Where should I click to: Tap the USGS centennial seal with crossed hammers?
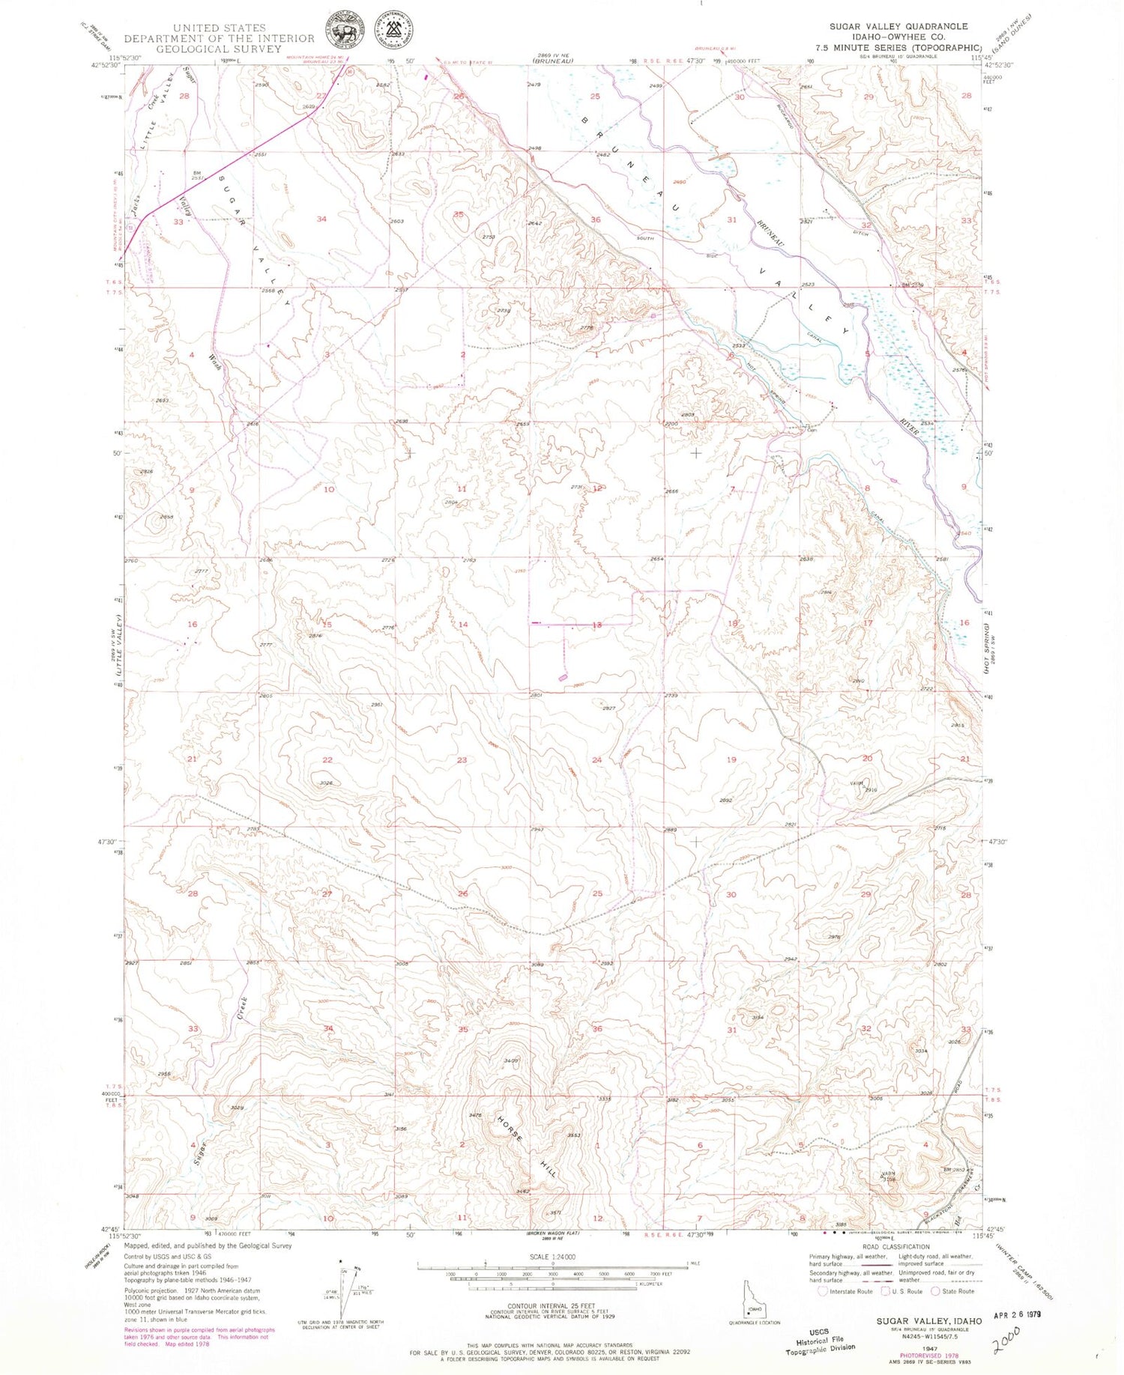point(398,31)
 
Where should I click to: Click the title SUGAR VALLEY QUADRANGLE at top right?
point(898,26)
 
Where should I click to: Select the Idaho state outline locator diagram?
point(752,1302)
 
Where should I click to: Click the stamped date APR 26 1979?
point(1016,1314)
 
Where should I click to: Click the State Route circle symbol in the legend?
point(935,1291)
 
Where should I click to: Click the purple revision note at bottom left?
point(199,1337)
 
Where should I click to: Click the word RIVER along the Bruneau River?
point(910,427)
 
